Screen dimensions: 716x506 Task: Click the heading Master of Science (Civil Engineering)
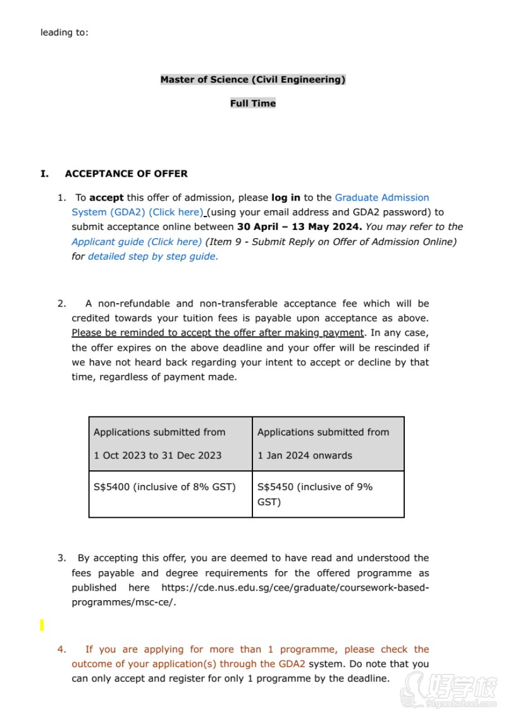pos(253,80)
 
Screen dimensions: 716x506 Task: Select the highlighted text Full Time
pos(253,103)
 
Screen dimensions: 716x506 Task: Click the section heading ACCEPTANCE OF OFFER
pos(126,173)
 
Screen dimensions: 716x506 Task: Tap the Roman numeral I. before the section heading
pos(44,173)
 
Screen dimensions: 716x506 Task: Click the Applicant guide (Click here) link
pos(137,242)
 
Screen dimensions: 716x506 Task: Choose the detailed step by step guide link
pos(152,256)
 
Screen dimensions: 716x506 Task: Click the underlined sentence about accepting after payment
pos(218,333)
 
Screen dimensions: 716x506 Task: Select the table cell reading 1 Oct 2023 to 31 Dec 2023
pos(157,455)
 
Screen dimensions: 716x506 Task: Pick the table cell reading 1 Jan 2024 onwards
pos(305,455)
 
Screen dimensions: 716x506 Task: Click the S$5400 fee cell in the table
pos(164,487)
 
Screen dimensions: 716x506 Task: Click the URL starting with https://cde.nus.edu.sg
pos(295,588)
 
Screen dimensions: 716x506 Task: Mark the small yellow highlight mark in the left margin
pos(42,625)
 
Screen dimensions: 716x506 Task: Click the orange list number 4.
pos(61,650)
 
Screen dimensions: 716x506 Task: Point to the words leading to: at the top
pos(65,32)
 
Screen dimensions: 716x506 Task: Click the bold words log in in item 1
pos(286,198)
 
